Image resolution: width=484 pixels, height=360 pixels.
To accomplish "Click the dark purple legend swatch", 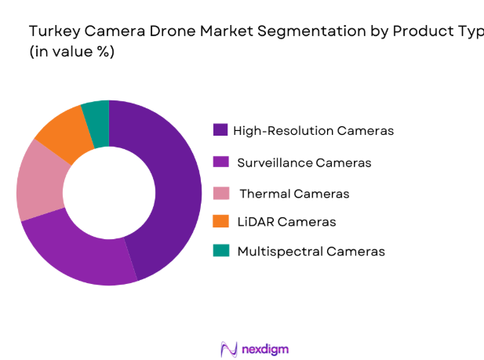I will coord(220,130).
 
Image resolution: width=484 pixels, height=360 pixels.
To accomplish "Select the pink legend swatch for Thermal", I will coord(220,193).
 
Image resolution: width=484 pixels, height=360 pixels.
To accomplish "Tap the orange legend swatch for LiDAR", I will coord(220,222).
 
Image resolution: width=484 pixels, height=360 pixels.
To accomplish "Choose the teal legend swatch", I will coord(220,251).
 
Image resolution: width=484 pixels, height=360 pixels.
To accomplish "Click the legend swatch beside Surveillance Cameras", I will coord(220,163).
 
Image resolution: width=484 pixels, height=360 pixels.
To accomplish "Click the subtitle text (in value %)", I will coord(71,52).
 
